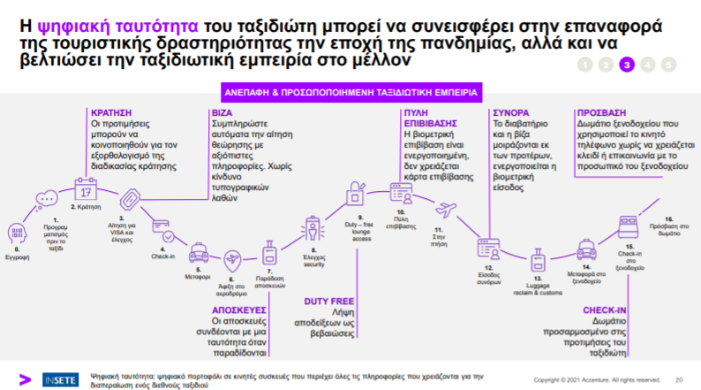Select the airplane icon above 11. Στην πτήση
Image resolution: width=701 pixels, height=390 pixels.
pyautogui.click(x=446, y=210)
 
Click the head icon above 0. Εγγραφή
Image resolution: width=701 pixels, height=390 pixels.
pyautogui.click(x=15, y=233)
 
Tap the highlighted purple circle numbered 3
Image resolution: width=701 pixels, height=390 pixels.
pyautogui.click(x=627, y=64)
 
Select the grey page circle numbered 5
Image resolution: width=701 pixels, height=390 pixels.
pyautogui.click(x=668, y=64)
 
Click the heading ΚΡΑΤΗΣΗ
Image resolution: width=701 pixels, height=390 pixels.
pyautogui.click(x=111, y=113)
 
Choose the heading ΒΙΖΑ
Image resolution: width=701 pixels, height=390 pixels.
pyautogui.click(x=222, y=113)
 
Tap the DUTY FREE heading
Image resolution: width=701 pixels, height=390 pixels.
pyautogui.click(x=329, y=301)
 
